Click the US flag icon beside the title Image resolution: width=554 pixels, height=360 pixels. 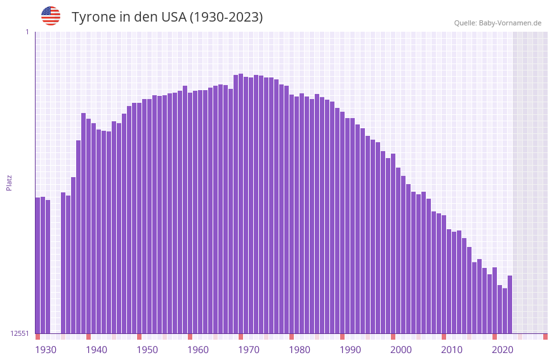point(51,16)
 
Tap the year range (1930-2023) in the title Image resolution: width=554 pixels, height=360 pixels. point(226,17)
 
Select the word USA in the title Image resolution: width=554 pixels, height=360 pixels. point(174,17)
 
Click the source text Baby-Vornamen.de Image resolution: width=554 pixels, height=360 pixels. point(510,23)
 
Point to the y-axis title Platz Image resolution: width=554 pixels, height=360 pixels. point(9,182)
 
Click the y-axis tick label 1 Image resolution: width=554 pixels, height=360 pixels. point(27,32)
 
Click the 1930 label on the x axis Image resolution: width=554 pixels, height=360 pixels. point(46,350)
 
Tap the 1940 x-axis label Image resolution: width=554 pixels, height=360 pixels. point(96,350)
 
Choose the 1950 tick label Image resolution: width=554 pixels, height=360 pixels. point(147,350)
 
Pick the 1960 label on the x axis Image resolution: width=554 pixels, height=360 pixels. point(198,350)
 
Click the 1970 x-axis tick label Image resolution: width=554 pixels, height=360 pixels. point(249,350)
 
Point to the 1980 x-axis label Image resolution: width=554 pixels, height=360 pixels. point(300,350)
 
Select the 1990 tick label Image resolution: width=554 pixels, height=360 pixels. point(350,350)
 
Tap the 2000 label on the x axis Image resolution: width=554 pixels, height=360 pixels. point(401,350)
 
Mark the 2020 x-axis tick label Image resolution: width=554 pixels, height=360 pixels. point(503,350)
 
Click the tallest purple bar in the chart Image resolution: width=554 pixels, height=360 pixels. point(241,203)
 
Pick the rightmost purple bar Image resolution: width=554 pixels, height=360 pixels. point(510,304)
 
